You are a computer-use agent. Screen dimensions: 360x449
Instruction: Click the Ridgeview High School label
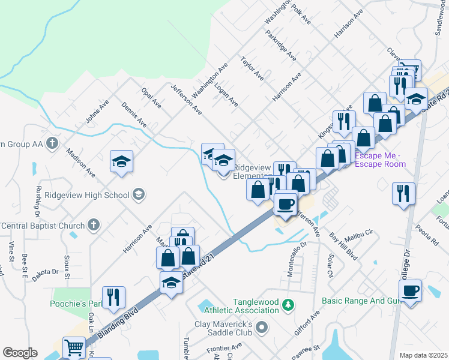pos(92,194)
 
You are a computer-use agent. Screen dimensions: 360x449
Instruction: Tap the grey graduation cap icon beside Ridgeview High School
pos(139,194)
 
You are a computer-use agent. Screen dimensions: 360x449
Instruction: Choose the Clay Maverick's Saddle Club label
pos(223,328)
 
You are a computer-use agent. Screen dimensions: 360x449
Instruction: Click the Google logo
pos(20,352)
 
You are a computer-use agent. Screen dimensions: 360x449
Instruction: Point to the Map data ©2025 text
pos(423,355)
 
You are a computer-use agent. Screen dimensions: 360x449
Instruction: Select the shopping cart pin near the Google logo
pos(73,347)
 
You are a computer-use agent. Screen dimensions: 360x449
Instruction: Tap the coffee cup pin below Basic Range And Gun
pos(411,292)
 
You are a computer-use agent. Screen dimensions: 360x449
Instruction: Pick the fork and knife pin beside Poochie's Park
pos(112,297)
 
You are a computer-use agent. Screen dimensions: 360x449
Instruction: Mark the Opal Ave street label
pos(151,97)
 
